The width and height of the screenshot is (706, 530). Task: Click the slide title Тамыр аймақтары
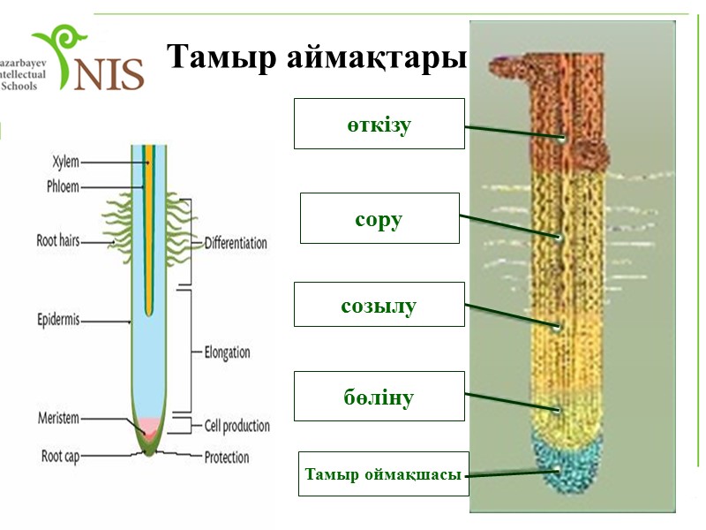point(315,57)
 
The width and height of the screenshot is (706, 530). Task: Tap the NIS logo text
point(109,74)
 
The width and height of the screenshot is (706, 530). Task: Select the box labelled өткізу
point(379,124)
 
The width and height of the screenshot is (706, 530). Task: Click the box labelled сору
point(379,218)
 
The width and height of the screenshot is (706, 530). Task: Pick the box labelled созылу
point(379,307)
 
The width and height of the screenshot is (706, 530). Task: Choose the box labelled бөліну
point(379,396)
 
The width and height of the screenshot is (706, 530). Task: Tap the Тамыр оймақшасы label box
point(383,475)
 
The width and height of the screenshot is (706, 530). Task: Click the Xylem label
point(65,162)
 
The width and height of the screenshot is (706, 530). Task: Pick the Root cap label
point(63,457)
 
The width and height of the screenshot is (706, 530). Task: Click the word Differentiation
point(236,242)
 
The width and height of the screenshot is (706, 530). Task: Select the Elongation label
point(228,352)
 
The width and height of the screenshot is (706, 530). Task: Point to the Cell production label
point(237,426)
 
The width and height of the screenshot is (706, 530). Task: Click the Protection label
point(227,458)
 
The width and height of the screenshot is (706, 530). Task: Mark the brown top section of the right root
point(565,106)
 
